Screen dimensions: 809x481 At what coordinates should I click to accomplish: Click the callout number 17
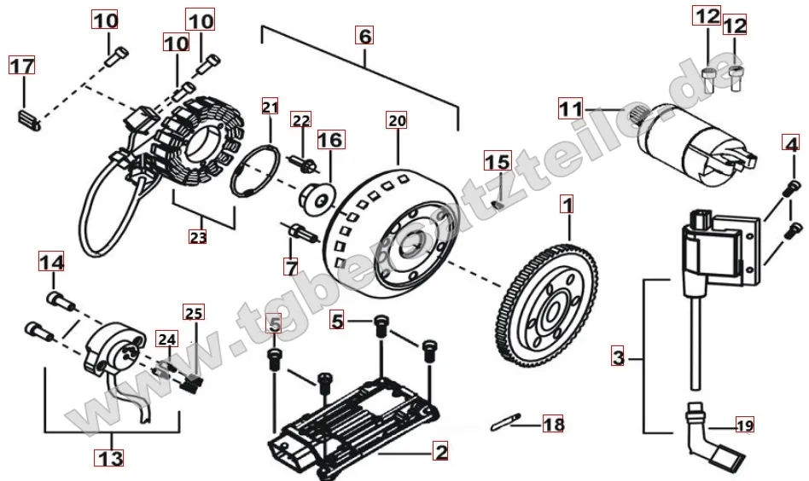tap(21, 66)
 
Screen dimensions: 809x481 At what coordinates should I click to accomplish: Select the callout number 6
tap(364, 36)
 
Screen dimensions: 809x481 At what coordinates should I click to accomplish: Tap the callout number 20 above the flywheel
tap(397, 120)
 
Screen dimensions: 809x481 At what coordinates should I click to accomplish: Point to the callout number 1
tap(567, 205)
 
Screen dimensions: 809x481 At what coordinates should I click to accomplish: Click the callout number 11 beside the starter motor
tap(570, 109)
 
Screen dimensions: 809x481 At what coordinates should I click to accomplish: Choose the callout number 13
tap(111, 457)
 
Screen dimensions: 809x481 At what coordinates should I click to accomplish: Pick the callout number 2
tap(440, 452)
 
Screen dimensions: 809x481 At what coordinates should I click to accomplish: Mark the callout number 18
tap(553, 425)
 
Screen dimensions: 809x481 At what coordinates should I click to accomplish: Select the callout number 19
tap(744, 426)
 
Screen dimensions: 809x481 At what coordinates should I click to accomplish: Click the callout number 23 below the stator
tap(198, 237)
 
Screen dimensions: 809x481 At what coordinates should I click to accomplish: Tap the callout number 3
tap(618, 356)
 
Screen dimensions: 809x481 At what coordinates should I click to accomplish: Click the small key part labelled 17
tap(29, 120)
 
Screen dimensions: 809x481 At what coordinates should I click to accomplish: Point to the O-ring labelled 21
tap(255, 171)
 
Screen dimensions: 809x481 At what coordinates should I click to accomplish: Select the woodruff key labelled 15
tap(497, 204)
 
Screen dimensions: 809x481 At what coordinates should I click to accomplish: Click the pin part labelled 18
tap(505, 421)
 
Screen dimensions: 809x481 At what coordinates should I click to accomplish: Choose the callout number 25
tap(194, 312)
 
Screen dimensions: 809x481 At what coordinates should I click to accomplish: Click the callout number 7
tap(291, 267)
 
